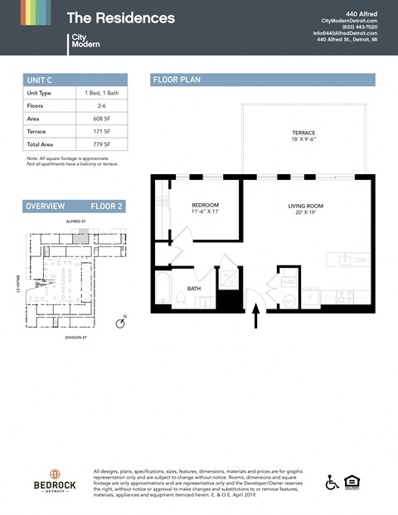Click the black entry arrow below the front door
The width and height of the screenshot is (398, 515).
point(255,315)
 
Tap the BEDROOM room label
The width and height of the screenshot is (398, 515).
point(205,208)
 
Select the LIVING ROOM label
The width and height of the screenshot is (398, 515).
point(305,208)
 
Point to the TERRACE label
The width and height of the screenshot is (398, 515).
point(303,136)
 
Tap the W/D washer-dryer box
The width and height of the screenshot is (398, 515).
point(228,279)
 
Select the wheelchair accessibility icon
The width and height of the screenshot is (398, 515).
point(332,483)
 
